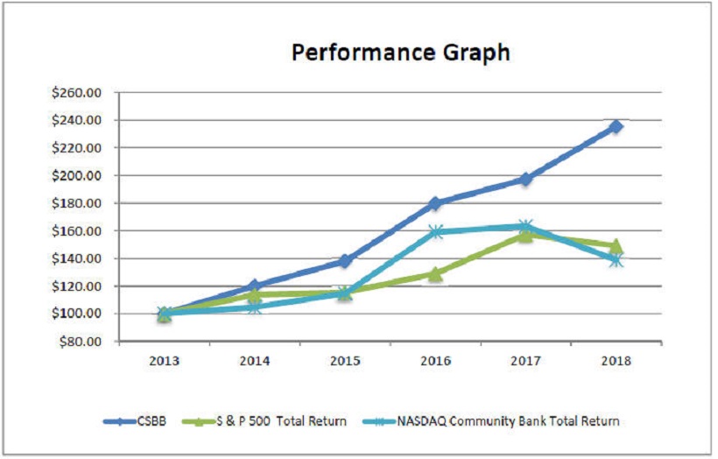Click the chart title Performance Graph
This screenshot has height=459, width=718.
pos(400,53)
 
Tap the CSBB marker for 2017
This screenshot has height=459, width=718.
pos(525,179)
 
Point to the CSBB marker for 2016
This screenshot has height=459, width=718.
pos(434,203)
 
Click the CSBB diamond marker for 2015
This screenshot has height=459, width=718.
pos(345,261)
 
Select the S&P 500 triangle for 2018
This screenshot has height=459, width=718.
pos(616,246)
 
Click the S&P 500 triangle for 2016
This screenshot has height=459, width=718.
pos(434,273)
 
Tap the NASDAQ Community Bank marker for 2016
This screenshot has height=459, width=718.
pos(434,232)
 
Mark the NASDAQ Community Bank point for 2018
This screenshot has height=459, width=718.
pos(616,259)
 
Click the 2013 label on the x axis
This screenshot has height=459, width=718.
pos(164,361)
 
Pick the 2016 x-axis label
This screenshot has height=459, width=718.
pos(434,361)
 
